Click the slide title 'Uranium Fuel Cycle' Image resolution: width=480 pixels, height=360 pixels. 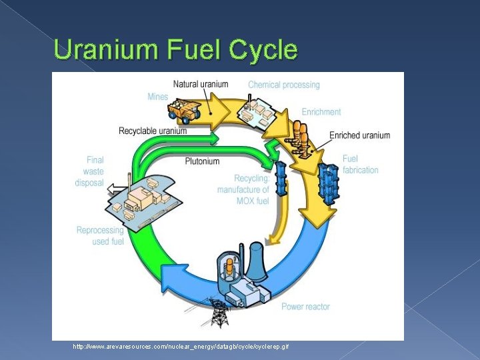[175, 50]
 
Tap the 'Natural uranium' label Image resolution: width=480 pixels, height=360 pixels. [201, 85]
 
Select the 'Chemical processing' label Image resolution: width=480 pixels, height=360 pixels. [283, 85]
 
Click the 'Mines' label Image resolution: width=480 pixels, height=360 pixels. [158, 97]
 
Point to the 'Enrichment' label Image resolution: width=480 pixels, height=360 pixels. [321, 112]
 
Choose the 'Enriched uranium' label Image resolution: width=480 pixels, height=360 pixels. [359, 135]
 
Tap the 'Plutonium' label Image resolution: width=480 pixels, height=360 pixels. [203, 161]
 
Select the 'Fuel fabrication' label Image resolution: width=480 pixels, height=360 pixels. [360, 164]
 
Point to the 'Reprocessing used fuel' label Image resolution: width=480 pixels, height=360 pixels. [100, 236]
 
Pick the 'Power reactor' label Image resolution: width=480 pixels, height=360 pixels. [305, 307]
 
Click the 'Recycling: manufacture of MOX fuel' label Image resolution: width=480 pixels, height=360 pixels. [243, 190]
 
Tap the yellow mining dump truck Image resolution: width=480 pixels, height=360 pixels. [185, 108]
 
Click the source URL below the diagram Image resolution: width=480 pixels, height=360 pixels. [181, 347]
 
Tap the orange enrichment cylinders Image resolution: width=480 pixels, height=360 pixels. [299, 137]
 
